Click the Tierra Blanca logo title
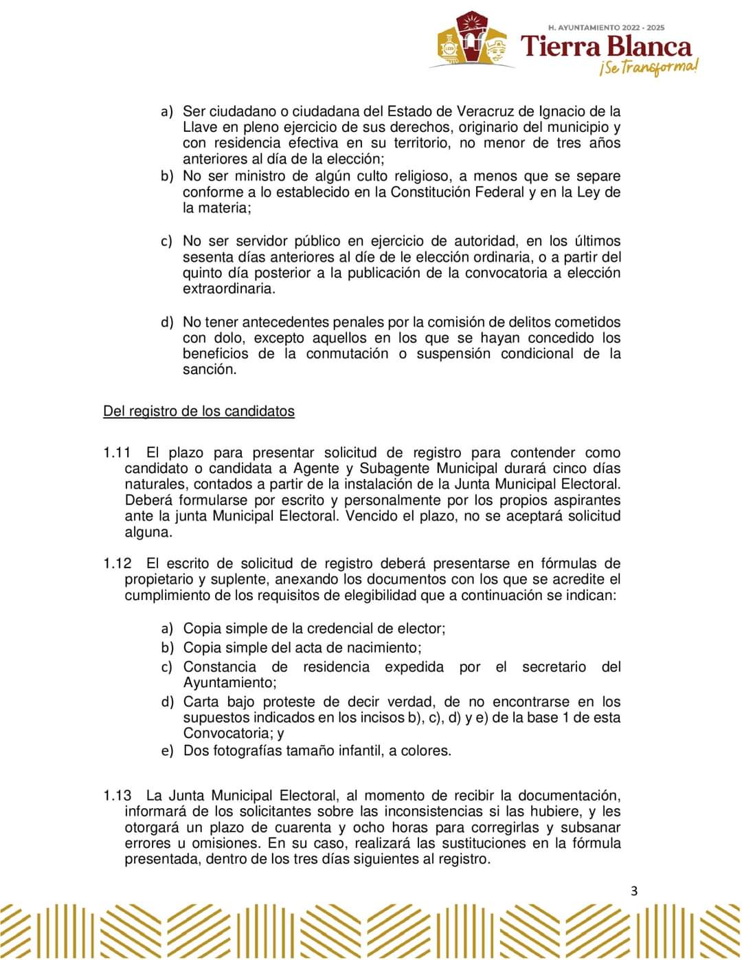pyautogui.click(x=607, y=47)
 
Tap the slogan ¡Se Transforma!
pyautogui.click(x=648, y=68)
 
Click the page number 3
pyautogui.click(x=633, y=892)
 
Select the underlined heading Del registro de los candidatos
pyautogui.click(x=199, y=412)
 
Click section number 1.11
pyautogui.click(x=116, y=453)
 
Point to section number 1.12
pyautogui.click(x=116, y=563)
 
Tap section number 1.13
pyautogui.click(x=116, y=796)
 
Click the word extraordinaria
pyautogui.click(x=229, y=289)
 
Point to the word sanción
pyautogui.click(x=209, y=370)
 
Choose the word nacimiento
pyautogui.click(x=383, y=647)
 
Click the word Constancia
pyautogui.click(x=219, y=667)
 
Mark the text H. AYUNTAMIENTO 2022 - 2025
pyautogui.click(x=606, y=28)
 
